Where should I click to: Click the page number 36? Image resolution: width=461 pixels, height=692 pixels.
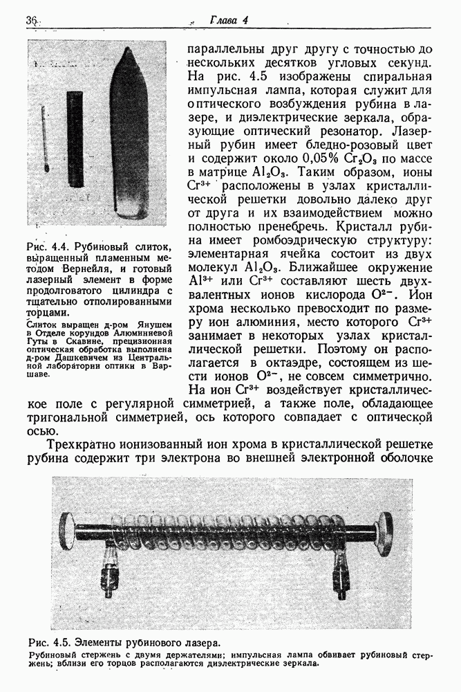30,22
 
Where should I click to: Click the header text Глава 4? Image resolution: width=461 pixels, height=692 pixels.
228,21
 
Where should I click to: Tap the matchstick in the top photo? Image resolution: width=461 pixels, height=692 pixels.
44,138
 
